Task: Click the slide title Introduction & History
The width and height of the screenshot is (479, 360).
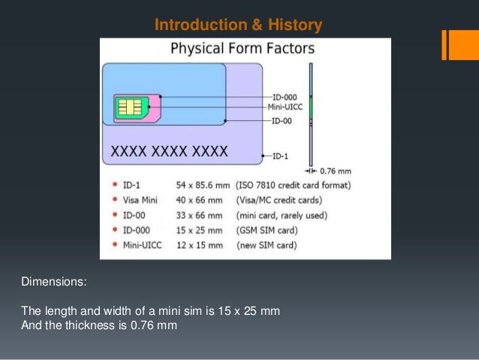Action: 238,26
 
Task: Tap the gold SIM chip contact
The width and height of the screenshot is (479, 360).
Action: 129,109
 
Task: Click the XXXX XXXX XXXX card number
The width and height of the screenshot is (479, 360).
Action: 169,151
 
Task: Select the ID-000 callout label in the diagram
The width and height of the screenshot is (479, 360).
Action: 284,97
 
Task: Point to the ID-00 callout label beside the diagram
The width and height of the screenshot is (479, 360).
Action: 282,120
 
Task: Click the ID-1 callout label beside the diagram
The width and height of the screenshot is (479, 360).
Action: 279,156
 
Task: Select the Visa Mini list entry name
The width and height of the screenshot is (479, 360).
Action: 140,200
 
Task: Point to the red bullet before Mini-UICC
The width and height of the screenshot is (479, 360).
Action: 113,245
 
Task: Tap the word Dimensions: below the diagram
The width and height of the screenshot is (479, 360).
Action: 54,283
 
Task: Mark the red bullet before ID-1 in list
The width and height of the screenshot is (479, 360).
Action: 113,185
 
